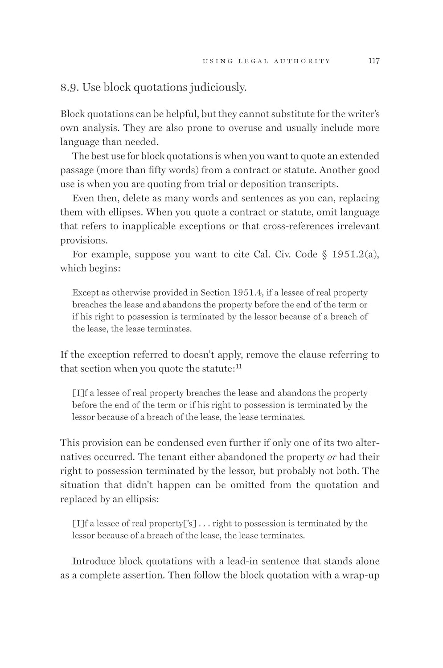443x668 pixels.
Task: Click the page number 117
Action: [x=373, y=61]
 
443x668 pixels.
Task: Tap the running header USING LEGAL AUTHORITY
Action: [x=267, y=61]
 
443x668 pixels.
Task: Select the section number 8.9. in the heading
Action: [x=70, y=87]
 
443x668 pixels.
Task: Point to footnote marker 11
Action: [x=238, y=367]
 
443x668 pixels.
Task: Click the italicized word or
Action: [x=332, y=457]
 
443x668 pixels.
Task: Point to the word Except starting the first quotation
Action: [x=85, y=293]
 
